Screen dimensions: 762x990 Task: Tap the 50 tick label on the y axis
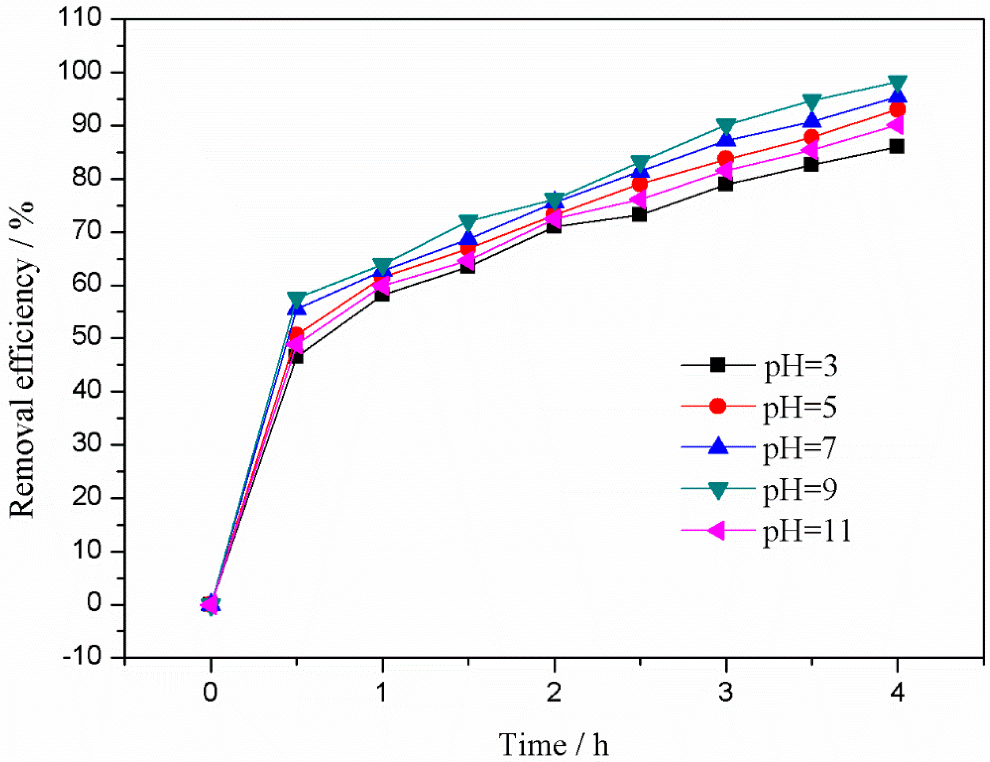[x=87, y=338]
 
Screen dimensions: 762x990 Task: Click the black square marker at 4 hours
[x=897, y=147]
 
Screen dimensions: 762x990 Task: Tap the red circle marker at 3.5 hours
[x=811, y=137]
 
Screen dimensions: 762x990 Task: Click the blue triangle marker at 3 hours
[x=726, y=140]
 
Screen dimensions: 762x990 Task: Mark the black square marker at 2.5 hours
[x=639, y=214]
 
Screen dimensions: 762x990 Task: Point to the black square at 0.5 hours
[x=296, y=356]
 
